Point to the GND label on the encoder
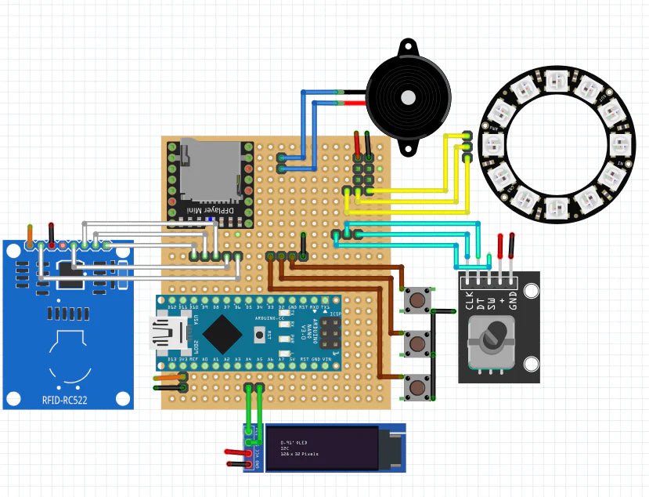click(513, 299)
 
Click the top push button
click(416, 299)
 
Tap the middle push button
click(416, 343)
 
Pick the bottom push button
click(416, 386)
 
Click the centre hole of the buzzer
click(407, 97)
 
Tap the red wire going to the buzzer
click(352, 103)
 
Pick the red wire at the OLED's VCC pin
click(237, 452)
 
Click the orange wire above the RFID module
click(30, 233)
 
